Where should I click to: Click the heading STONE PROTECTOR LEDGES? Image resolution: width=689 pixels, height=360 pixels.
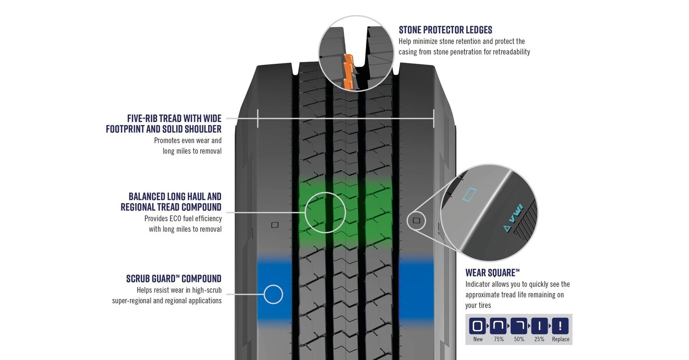(445, 30)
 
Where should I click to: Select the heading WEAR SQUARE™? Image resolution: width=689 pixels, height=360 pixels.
(492, 273)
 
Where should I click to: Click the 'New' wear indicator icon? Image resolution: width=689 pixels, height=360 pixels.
(477, 326)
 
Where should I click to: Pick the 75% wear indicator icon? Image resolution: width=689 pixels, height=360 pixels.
(498, 326)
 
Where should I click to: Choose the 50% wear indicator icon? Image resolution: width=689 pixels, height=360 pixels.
(519, 326)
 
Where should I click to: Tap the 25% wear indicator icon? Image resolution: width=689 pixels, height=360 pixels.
(539, 326)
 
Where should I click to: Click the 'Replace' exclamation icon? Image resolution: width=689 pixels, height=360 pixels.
(560, 326)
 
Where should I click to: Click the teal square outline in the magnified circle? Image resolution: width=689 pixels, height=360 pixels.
(469, 194)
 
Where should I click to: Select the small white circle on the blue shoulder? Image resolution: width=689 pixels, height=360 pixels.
(273, 294)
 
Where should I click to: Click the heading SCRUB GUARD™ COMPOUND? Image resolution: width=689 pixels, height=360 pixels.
(174, 279)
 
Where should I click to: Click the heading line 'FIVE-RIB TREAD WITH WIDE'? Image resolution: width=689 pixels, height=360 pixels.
(174, 118)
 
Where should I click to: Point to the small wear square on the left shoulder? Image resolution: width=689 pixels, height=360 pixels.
(275, 225)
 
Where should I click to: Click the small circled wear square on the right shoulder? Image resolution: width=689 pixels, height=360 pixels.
(417, 221)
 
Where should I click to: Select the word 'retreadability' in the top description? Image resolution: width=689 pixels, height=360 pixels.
(508, 52)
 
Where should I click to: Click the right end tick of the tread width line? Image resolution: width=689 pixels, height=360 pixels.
(433, 118)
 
